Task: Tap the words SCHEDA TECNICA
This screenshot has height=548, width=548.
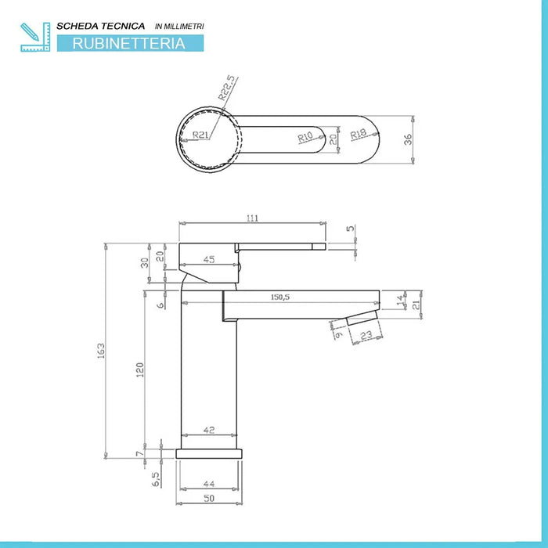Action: coord(106,26)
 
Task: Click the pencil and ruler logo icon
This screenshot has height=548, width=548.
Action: coord(35,36)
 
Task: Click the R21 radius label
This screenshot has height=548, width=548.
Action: coord(201,134)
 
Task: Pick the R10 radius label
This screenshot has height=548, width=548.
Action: coord(305,137)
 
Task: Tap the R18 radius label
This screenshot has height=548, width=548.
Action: coord(359,135)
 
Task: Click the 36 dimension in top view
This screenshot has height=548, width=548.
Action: coord(406,140)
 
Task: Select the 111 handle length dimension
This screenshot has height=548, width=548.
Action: coord(251,218)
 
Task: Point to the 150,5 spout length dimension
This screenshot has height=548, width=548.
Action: coord(280,297)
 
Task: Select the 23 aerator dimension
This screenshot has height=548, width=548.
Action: coord(365,335)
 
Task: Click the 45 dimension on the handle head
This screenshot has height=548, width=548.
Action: coord(209,259)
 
